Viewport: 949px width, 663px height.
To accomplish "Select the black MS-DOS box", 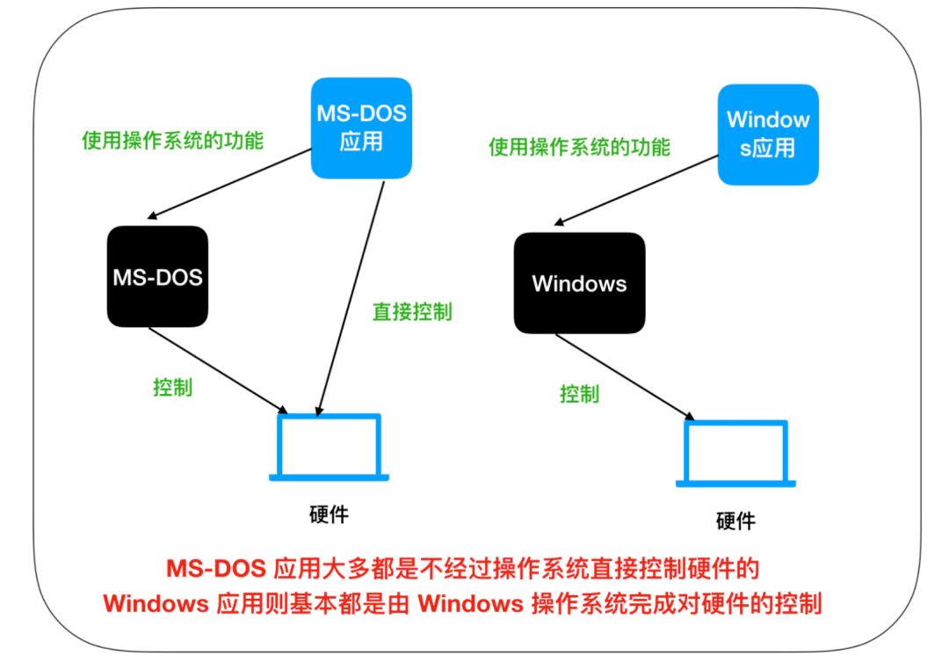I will [x=157, y=277].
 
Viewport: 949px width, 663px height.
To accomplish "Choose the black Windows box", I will [x=578, y=283].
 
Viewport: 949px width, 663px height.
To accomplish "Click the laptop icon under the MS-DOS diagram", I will [x=330, y=448].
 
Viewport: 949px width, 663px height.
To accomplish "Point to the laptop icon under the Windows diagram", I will [x=735, y=454].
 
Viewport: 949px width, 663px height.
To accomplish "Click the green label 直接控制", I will [x=412, y=311].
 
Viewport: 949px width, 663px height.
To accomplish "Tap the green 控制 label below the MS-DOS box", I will [x=172, y=387].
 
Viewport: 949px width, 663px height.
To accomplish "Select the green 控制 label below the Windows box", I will [x=579, y=393].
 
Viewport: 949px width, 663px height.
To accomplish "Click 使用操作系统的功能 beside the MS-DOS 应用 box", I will [x=172, y=140].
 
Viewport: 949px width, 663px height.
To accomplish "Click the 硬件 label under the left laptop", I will [x=329, y=514].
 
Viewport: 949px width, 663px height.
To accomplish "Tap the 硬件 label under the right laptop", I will [x=735, y=521].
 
